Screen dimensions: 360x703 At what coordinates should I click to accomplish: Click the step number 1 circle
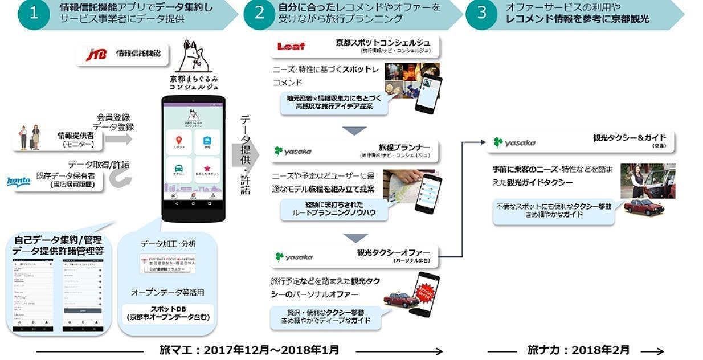click(x=32, y=13)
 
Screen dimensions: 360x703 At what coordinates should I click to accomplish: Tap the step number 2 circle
click(x=259, y=13)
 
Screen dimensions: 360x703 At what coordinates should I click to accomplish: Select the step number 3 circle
click(x=482, y=13)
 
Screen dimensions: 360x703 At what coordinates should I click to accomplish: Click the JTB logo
click(x=96, y=54)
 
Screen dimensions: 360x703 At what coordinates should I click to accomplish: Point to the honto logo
click(x=18, y=181)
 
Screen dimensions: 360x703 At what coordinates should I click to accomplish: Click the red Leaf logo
click(x=291, y=47)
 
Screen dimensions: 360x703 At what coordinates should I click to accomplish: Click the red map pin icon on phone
click(x=178, y=140)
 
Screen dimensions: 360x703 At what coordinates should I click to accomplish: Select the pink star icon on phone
click(x=206, y=169)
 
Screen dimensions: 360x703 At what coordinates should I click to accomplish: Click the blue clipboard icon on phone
click(x=206, y=140)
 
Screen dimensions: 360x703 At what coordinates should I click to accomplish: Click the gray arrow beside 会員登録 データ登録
click(x=118, y=138)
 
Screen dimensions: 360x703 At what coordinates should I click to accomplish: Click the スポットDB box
click(x=168, y=312)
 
